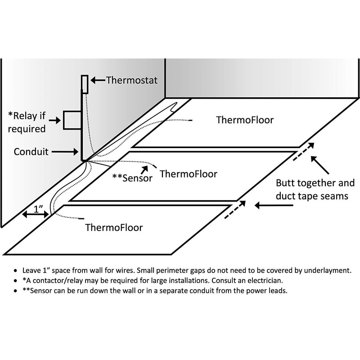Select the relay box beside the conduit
71,121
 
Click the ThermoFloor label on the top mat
245,120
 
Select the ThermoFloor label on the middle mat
189,173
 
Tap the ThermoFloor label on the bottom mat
114,227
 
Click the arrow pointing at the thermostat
97,81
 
